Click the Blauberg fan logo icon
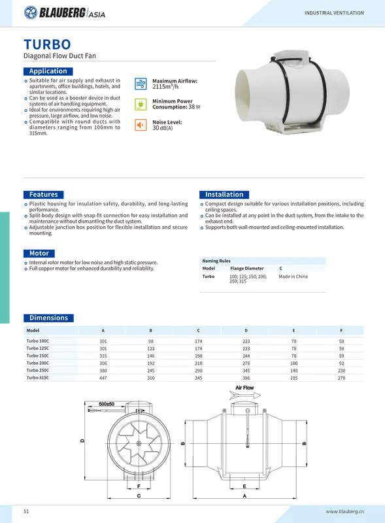pos(31,12)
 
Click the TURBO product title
pos(47,44)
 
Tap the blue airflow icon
pos(141,84)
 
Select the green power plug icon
pos(141,105)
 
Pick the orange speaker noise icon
pos(141,125)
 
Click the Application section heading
pos(48,71)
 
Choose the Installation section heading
pos(224,195)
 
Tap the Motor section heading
pos(39,254)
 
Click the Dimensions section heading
pos(49,318)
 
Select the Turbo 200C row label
pos(38,363)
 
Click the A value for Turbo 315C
pos(103,378)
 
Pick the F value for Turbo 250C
pos(341,371)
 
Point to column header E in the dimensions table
pos(293,331)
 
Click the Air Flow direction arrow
pos(245,396)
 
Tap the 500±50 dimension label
pos(107,404)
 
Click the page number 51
pos(26,511)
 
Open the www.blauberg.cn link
pos(345,511)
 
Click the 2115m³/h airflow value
pos(165,87)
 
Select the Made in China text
pos(293,277)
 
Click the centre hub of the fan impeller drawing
pos(139,443)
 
